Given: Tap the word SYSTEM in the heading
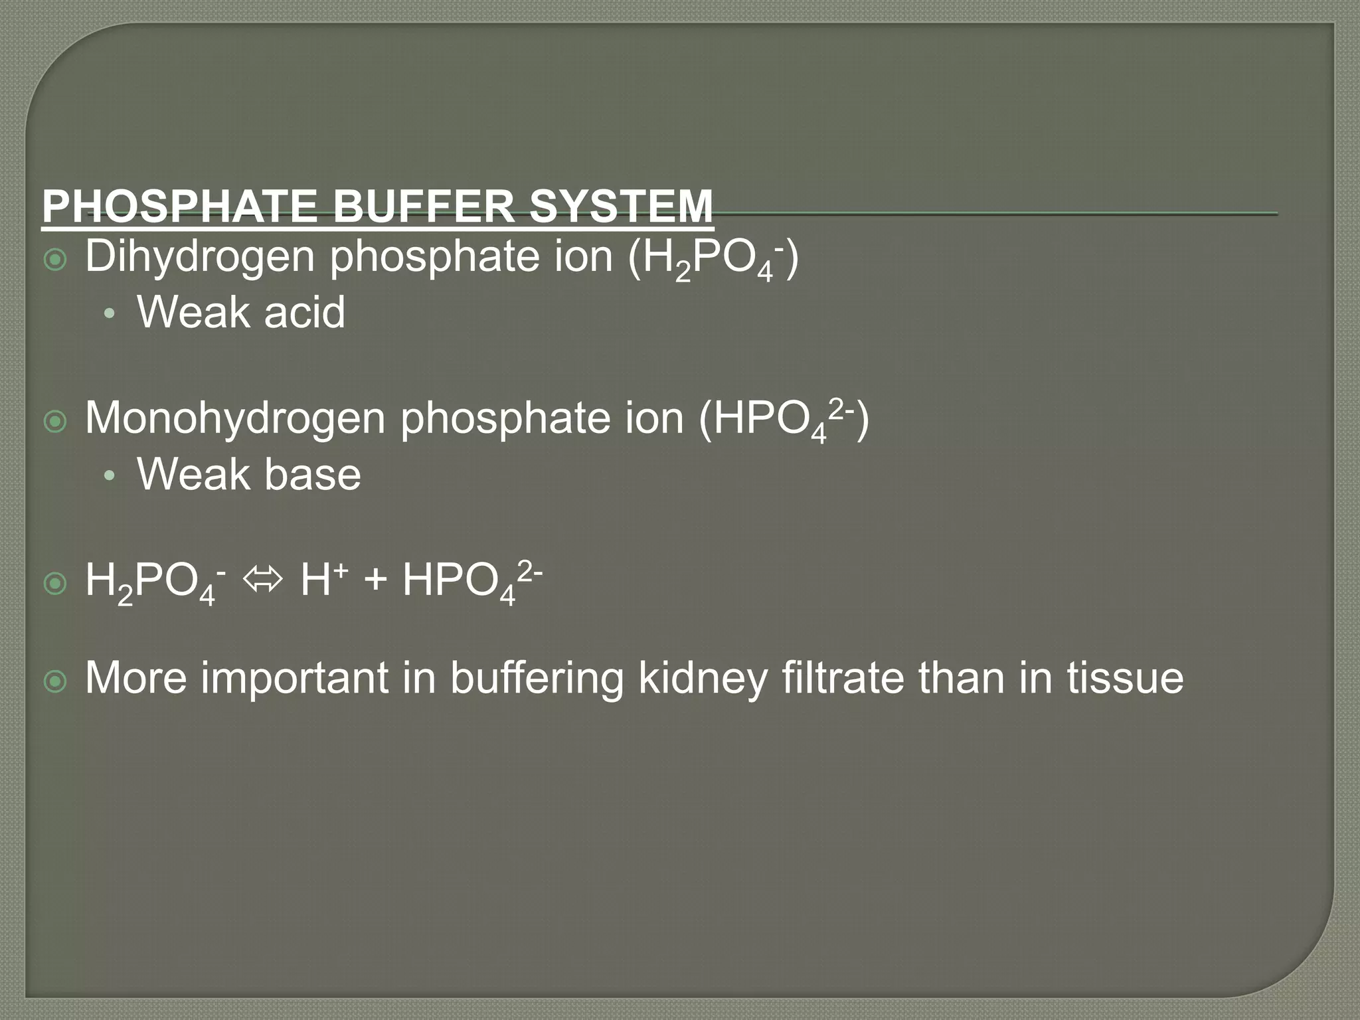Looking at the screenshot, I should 621,207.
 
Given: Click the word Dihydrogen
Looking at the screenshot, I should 200,258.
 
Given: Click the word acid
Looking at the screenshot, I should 305,312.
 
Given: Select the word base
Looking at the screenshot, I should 312,474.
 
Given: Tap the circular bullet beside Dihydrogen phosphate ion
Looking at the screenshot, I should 55,260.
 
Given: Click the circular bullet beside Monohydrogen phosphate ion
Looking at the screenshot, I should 55,422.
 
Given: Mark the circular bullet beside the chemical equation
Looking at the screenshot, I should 55,584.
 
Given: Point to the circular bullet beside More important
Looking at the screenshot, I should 55,681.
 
